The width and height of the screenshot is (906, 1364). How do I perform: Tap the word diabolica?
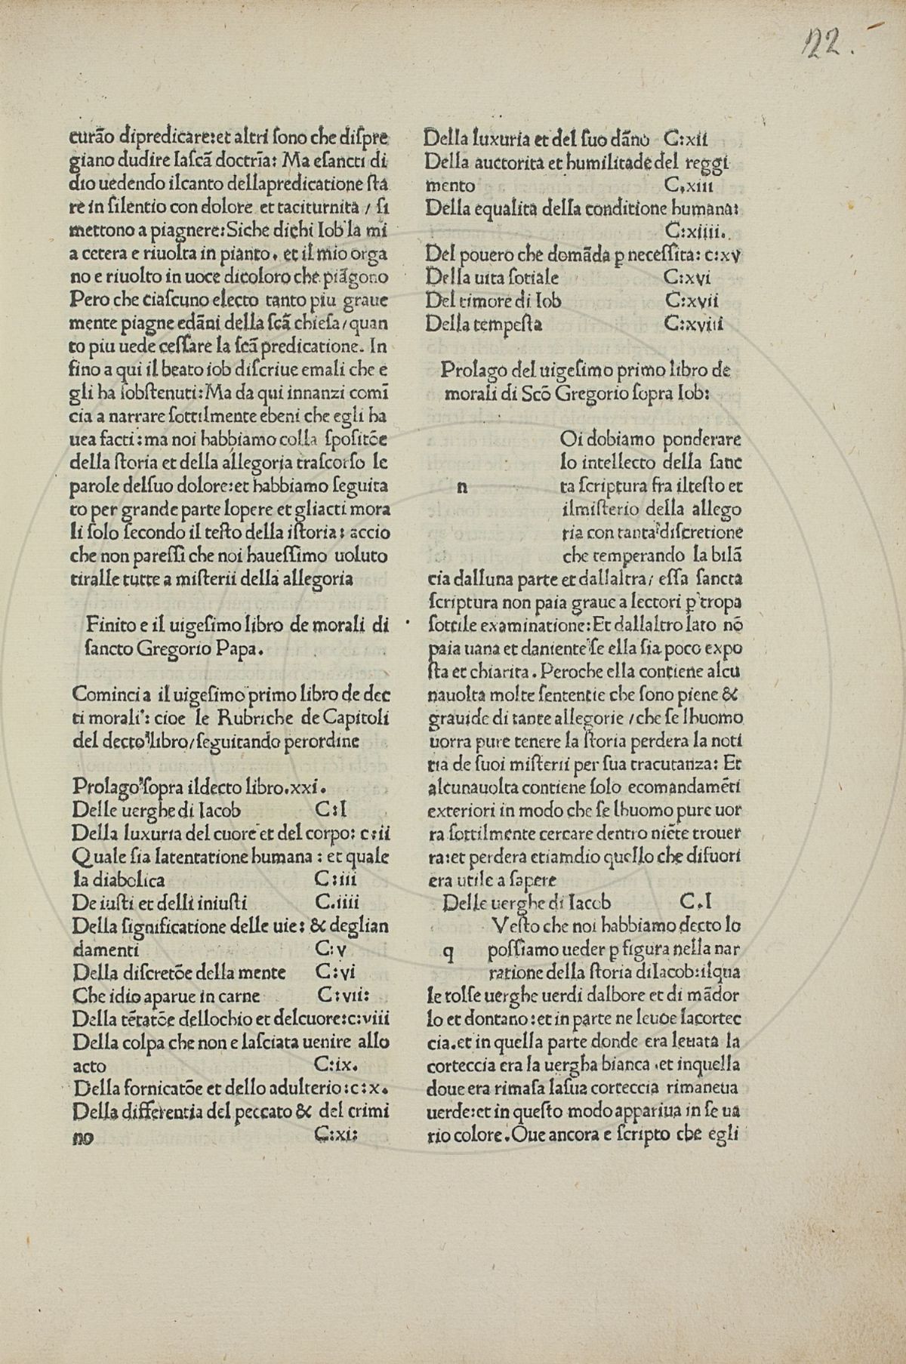tap(119, 879)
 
